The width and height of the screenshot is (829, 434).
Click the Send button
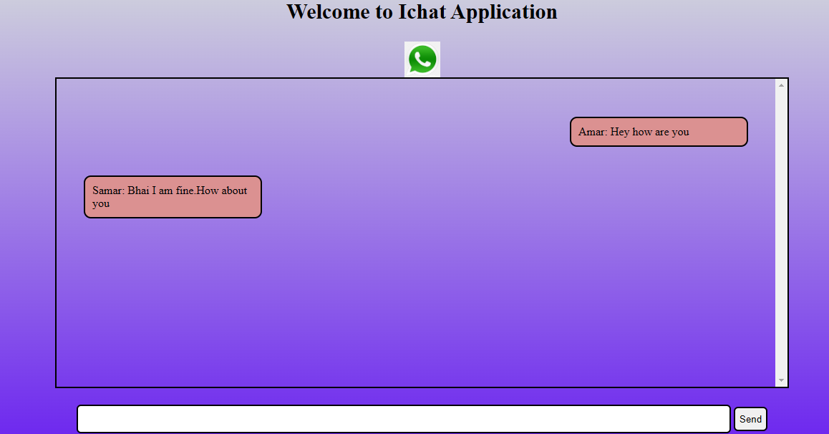(x=750, y=419)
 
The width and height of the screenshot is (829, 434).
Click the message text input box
(x=403, y=419)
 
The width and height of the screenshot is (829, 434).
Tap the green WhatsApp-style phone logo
(x=422, y=59)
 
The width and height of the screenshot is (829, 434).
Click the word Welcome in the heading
(x=329, y=11)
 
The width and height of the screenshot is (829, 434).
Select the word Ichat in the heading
(x=422, y=11)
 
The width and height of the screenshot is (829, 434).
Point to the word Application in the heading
(x=505, y=13)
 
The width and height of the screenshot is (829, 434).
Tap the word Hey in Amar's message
(x=620, y=132)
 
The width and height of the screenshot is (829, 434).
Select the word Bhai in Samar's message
(x=138, y=191)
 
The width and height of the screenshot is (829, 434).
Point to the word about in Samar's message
(x=234, y=191)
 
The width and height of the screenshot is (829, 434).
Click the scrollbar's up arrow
(x=782, y=85)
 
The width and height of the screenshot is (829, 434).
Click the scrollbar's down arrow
(x=782, y=380)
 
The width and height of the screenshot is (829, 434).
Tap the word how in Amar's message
(x=642, y=132)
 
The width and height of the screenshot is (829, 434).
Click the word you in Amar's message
(x=680, y=132)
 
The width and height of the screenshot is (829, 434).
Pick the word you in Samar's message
(x=101, y=204)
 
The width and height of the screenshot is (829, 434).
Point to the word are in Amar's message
(x=662, y=132)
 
